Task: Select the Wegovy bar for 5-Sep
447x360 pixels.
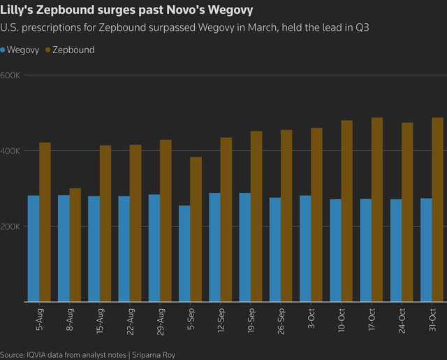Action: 184,254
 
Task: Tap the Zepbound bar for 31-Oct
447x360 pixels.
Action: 437,210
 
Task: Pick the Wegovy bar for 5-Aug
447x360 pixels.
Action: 34,248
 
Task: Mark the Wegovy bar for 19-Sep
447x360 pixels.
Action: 244,247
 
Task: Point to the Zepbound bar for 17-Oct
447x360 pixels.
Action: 377,210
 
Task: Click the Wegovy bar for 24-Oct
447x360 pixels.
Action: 395,250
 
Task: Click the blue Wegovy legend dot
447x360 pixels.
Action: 3,50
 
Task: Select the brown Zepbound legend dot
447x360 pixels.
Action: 47,50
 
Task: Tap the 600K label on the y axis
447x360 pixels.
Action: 10,75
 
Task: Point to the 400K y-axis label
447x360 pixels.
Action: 10,151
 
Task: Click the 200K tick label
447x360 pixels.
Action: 10,226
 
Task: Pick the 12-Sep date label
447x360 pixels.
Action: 221,320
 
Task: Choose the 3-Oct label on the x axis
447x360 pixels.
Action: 312,318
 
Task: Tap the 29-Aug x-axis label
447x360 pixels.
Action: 161,320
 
